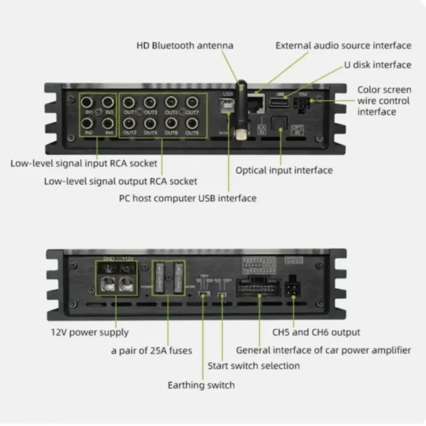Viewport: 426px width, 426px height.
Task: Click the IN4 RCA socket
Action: (x=109, y=123)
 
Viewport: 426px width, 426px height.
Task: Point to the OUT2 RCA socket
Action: (x=130, y=123)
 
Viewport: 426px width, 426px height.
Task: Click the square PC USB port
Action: (x=229, y=107)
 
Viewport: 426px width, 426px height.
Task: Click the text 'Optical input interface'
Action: (x=284, y=170)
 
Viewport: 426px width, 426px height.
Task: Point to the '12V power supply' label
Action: (x=89, y=332)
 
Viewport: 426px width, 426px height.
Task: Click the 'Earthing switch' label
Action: (x=201, y=385)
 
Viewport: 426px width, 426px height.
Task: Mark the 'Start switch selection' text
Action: (x=253, y=366)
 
